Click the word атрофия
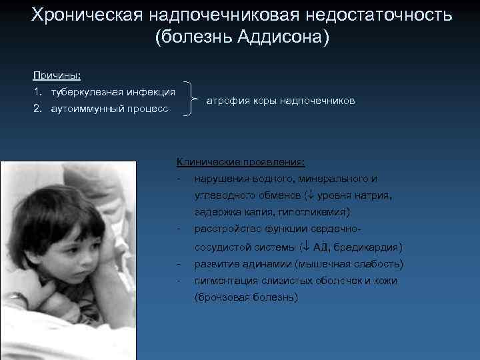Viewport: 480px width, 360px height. click(x=227, y=101)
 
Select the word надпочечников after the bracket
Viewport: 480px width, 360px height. click(x=317, y=101)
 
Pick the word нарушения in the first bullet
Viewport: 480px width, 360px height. click(x=221, y=179)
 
